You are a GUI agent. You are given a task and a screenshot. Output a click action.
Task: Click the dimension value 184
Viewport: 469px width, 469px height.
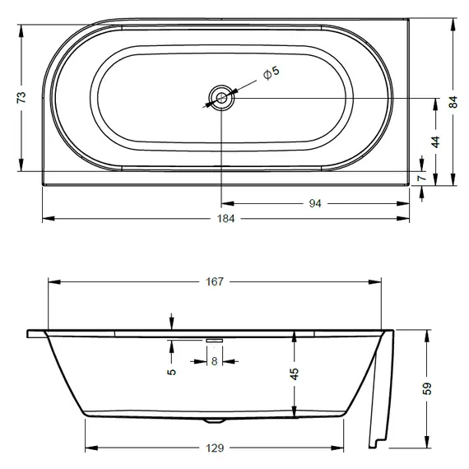point(226,219)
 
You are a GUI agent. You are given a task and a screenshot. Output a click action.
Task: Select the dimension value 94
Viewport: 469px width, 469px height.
point(314,202)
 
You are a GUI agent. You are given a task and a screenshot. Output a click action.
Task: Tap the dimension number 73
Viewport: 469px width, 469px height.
point(22,96)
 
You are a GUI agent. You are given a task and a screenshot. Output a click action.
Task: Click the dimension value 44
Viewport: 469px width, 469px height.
point(435,141)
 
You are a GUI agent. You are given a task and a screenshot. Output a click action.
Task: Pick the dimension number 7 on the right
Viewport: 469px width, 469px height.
point(420,178)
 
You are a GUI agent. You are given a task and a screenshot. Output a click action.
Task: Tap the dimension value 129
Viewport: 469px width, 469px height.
point(214,448)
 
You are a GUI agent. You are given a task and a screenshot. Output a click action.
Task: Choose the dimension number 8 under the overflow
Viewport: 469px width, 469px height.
point(215,360)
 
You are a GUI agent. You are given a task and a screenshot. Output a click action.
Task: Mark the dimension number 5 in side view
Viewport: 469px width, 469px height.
point(170,370)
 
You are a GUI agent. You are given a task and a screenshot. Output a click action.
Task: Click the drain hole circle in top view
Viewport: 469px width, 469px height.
point(221,98)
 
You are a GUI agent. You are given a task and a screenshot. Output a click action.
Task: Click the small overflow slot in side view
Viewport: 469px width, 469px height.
point(215,339)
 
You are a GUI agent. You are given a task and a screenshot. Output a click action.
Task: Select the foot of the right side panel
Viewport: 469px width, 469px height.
point(376,445)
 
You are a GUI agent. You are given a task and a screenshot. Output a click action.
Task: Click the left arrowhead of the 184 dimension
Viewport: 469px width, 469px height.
point(45,219)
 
